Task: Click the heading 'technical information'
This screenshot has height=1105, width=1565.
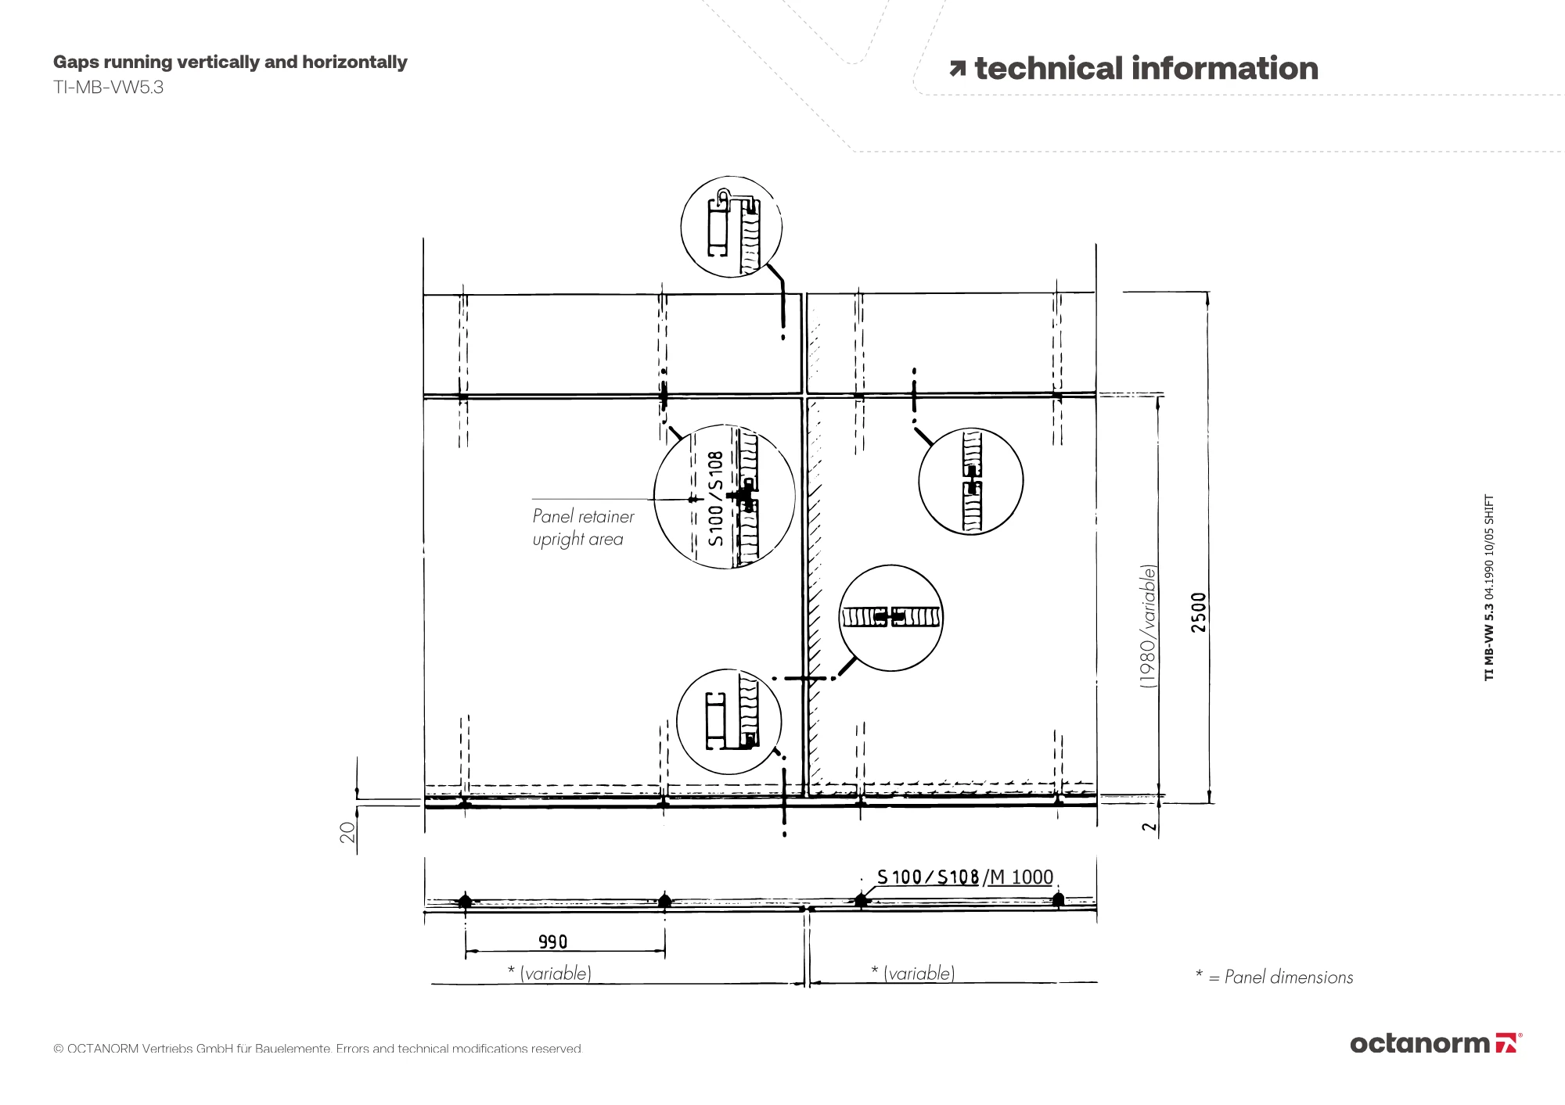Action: [1146, 69]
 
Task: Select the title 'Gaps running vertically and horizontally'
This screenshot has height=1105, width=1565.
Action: [230, 63]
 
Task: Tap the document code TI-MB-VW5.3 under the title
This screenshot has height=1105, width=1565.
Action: [108, 88]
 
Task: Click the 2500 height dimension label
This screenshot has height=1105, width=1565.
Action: [1199, 612]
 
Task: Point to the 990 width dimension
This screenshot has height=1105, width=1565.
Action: [552, 942]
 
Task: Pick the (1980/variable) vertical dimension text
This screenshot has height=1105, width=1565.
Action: [1148, 626]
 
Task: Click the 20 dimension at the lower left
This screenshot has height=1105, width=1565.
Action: [347, 831]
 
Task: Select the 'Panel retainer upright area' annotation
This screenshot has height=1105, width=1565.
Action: [583, 528]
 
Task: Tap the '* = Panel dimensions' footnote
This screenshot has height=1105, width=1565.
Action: [1274, 977]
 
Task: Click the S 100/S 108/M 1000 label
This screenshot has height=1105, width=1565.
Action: [965, 877]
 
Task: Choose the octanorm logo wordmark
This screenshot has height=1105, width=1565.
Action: [1420, 1043]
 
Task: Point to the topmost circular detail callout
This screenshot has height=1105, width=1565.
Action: [731, 176]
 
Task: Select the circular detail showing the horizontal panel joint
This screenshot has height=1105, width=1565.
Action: [891, 565]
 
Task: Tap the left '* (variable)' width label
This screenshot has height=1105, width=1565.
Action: [549, 973]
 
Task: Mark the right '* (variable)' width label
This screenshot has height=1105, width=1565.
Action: [912, 973]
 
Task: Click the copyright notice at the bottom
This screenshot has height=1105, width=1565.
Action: [318, 1049]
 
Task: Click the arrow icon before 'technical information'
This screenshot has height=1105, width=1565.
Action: [958, 70]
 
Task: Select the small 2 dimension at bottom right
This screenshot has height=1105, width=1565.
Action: [1149, 827]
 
